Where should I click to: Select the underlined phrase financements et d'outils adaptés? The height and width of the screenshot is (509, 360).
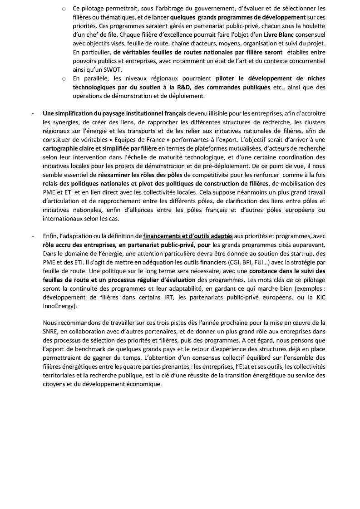(188, 236)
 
